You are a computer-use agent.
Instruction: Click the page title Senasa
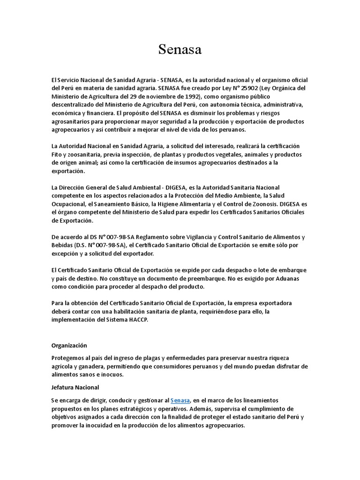pos(180,50)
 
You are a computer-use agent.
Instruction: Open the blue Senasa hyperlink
pos(180,400)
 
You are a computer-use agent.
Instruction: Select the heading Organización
pos(69,345)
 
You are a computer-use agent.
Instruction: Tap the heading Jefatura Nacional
pos(75,388)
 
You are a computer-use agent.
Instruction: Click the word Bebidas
pos(62,245)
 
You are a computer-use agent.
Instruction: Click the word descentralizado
pos(75,105)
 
